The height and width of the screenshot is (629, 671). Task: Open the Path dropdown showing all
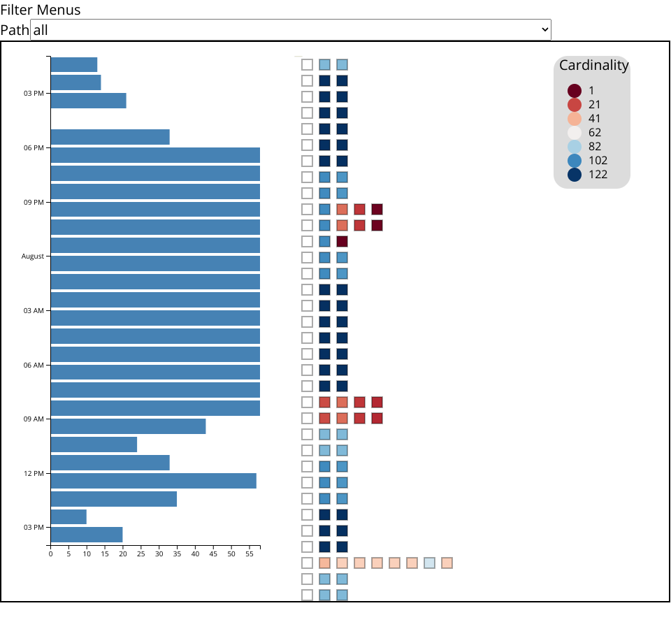pos(291,30)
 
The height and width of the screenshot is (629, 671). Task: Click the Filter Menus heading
pos(41,10)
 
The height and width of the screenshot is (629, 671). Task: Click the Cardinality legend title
pos(593,65)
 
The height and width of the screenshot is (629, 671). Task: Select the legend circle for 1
pos(575,91)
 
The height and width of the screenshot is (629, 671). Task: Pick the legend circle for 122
pos(575,175)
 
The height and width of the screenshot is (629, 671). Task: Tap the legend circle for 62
pos(575,133)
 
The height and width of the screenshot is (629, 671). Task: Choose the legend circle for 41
pos(575,119)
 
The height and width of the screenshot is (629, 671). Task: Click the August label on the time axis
pos(33,256)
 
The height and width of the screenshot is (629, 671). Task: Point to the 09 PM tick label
pos(34,203)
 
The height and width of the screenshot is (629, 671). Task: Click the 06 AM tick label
pos(34,366)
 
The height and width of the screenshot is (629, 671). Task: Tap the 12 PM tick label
pos(34,474)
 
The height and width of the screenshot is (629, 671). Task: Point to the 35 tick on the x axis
pos(177,554)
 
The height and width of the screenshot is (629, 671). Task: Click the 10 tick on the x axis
pos(87,554)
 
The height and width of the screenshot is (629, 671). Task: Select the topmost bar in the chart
pos(73,64)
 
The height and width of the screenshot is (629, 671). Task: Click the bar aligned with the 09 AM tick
pos(128,426)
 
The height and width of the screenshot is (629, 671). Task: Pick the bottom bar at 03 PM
pos(86,535)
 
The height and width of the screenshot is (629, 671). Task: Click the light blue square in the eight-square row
pos(430,563)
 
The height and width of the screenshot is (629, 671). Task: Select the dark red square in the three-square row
pos(342,241)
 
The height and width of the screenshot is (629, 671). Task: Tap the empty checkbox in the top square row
pos(308,64)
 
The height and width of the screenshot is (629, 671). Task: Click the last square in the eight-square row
pos(447,563)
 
